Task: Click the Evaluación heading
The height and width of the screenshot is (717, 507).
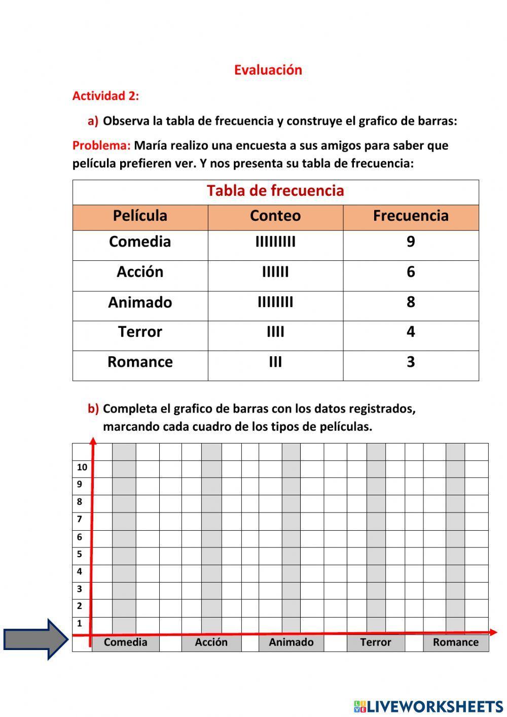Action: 268,70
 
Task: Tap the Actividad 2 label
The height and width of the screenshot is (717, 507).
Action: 105,96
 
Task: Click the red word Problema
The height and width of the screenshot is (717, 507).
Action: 101,146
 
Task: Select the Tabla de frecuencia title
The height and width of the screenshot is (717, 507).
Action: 275,191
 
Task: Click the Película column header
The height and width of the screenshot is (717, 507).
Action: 140,216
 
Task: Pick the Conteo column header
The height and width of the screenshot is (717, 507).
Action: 275,216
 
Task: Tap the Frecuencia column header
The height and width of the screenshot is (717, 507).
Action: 411,216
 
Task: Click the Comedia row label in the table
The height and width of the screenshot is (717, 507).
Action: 140,242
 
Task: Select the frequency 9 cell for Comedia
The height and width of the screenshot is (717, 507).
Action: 411,242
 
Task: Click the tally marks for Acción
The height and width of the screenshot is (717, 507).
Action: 275,272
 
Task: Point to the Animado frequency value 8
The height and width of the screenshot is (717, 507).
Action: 411,302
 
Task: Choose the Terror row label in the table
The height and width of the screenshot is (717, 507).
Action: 140,332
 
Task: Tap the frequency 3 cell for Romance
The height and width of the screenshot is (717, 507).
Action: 411,362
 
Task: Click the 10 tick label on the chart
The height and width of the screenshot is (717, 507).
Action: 82,467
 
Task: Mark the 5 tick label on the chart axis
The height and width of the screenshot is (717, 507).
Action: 80,554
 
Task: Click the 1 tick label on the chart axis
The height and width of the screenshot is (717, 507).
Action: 80,624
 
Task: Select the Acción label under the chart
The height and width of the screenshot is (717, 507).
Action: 211,642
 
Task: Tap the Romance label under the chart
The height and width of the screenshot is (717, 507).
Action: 455,642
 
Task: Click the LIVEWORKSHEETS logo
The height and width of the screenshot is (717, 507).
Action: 428,706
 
